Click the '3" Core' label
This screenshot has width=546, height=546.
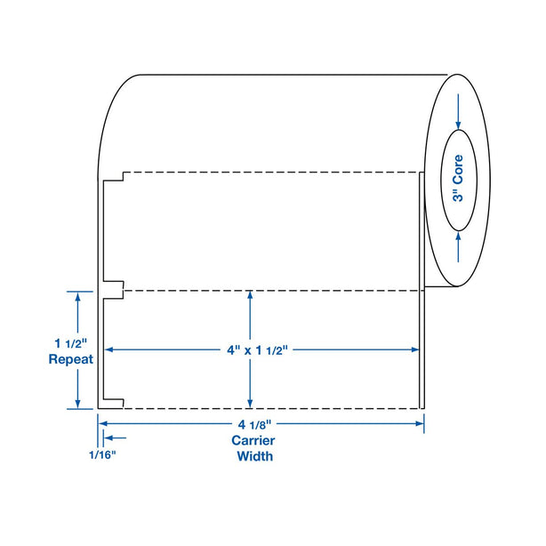pyautogui.click(x=458, y=178)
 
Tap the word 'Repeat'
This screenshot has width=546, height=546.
pyautogui.click(x=70, y=359)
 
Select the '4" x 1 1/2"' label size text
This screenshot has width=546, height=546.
pyautogui.click(x=257, y=350)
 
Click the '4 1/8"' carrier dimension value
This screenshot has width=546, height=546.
pyautogui.click(x=254, y=424)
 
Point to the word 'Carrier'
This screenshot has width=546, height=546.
pyautogui.click(x=253, y=440)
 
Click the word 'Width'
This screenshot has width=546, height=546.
pyautogui.click(x=255, y=456)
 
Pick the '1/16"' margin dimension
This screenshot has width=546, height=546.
pyautogui.click(x=102, y=454)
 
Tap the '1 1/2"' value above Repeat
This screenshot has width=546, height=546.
pyautogui.click(x=70, y=343)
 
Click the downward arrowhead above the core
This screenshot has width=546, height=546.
pyautogui.click(x=458, y=125)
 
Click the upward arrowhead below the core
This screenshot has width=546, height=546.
pyautogui.click(x=458, y=237)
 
